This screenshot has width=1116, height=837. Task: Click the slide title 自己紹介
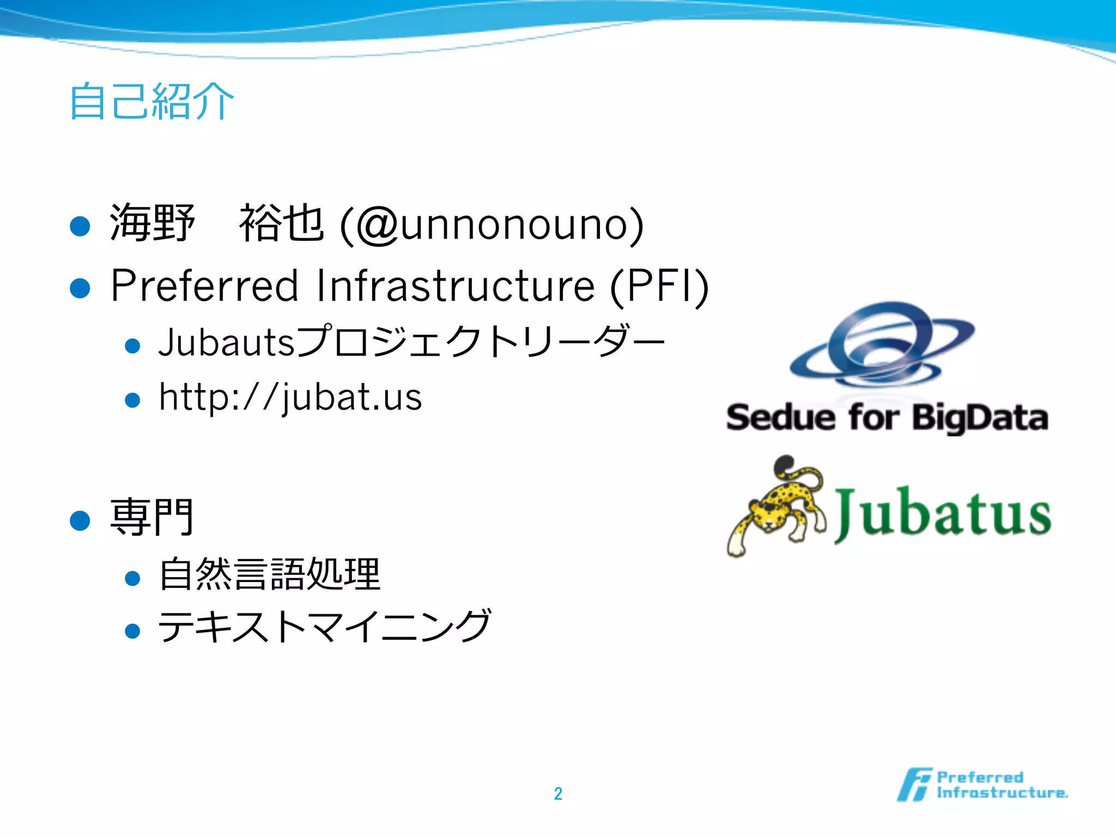pos(151,101)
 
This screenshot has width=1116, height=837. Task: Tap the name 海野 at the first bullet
pos(152,223)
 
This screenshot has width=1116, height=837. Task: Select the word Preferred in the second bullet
pos(205,286)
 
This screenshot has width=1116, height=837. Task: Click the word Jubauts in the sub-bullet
pos(226,343)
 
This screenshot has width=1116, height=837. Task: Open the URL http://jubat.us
pos(290,397)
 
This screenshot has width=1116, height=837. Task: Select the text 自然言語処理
pos(270,574)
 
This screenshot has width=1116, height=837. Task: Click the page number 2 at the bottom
pos(558,793)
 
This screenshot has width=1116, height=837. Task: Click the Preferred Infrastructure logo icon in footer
pos(915,785)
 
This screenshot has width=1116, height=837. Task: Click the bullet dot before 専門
pos(80,520)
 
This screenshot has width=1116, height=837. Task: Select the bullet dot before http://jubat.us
pos(132,401)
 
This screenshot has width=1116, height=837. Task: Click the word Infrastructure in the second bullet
pos(456,286)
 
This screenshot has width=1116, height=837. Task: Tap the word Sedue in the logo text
pos(781,418)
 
